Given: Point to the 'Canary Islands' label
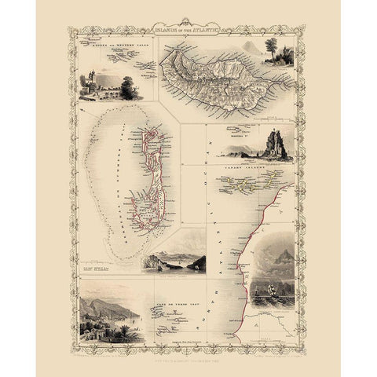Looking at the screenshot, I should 235,167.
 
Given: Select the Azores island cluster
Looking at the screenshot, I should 118,63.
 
